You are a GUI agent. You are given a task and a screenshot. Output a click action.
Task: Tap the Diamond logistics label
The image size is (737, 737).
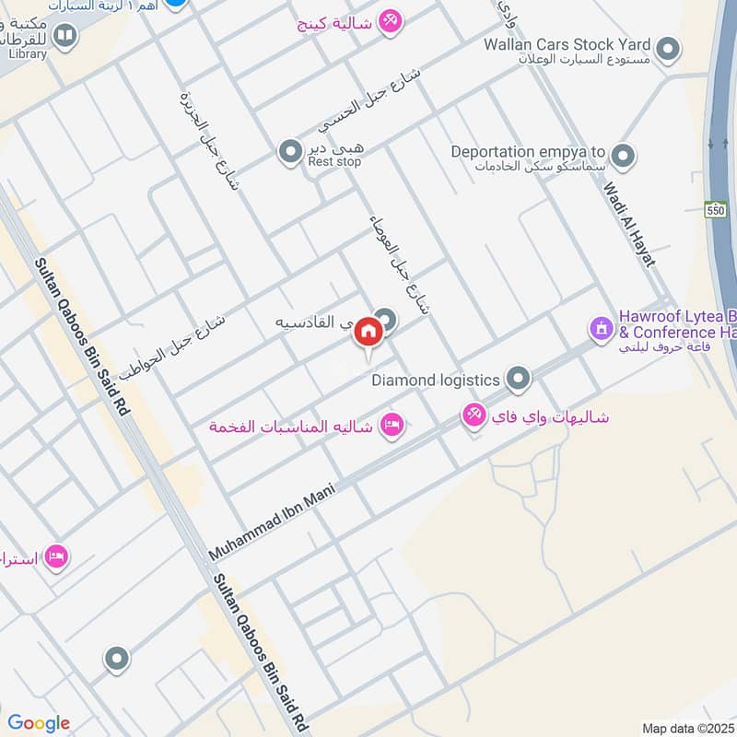point(436,379)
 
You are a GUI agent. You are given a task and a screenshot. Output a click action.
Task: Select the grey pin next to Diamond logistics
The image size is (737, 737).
point(519,378)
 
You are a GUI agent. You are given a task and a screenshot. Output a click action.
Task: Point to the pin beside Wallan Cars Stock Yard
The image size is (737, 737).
point(668,47)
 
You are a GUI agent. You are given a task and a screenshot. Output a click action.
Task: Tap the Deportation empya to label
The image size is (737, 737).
point(528,152)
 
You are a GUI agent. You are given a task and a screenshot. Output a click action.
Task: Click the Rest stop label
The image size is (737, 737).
point(334,162)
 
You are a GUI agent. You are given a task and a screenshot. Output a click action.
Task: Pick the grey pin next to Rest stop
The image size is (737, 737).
point(290,150)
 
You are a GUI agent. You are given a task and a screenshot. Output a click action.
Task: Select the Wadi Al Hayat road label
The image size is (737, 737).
point(629,224)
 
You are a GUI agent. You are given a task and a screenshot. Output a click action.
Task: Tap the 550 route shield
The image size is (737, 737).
point(717,211)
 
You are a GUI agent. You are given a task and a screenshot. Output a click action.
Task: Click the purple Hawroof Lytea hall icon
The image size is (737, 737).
point(601,327)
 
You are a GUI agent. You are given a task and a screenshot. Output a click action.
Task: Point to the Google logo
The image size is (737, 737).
point(38,723)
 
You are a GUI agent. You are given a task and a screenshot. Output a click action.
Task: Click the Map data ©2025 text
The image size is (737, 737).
point(686,728)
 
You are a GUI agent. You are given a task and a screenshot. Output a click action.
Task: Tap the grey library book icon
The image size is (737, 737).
point(64,35)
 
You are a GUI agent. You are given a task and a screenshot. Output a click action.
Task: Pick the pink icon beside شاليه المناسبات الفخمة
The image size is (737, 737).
point(392,426)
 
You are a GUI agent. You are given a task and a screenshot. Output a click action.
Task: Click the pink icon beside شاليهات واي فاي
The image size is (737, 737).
point(474,416)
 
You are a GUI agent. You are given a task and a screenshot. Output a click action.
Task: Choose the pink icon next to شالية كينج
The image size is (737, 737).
point(391,21)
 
